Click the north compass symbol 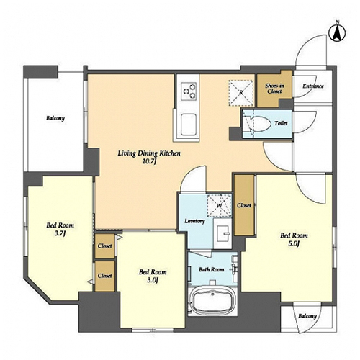(338, 34)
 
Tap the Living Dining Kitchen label (149, 153)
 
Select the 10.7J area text (149, 162)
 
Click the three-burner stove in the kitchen (189, 91)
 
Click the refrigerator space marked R (241, 93)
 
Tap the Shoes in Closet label (274, 89)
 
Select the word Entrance (313, 86)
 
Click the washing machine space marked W (220, 206)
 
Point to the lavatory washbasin (223, 233)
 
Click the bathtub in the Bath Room (212, 301)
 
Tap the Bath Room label (211, 269)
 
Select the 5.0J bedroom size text (294, 244)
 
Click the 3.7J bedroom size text (60, 233)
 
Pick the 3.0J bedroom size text (153, 280)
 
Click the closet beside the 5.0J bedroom (244, 205)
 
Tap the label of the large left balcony (55, 118)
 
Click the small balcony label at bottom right (307, 316)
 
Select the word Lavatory (194, 221)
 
